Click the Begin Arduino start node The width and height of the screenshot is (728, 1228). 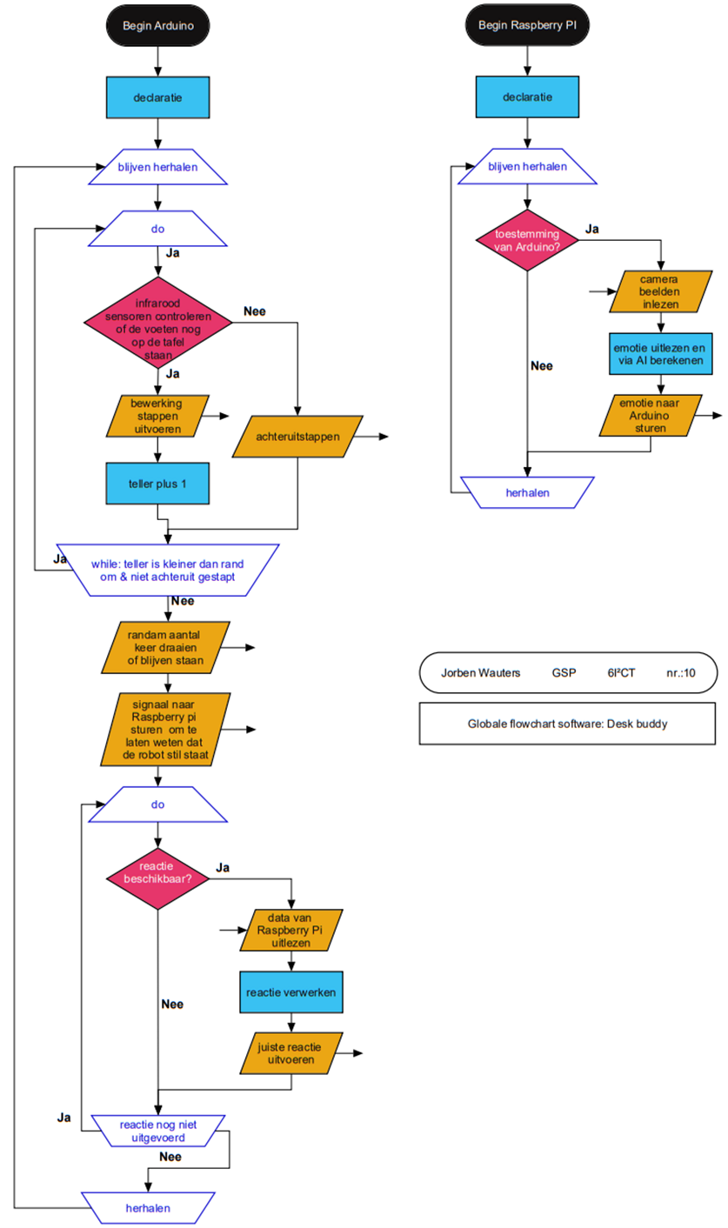point(157,26)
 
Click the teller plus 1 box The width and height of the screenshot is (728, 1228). point(157,483)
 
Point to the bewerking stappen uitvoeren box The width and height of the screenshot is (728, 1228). point(157,416)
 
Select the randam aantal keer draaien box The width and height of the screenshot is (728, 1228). point(165,648)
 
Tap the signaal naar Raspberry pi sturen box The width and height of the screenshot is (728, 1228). point(165,729)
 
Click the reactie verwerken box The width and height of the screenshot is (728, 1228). point(291,991)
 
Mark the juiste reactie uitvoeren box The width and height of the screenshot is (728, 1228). point(291,1053)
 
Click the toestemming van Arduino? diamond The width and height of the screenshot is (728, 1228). point(528,240)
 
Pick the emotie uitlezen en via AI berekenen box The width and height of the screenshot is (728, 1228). point(661,352)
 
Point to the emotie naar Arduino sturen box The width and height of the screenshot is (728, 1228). point(653,413)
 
